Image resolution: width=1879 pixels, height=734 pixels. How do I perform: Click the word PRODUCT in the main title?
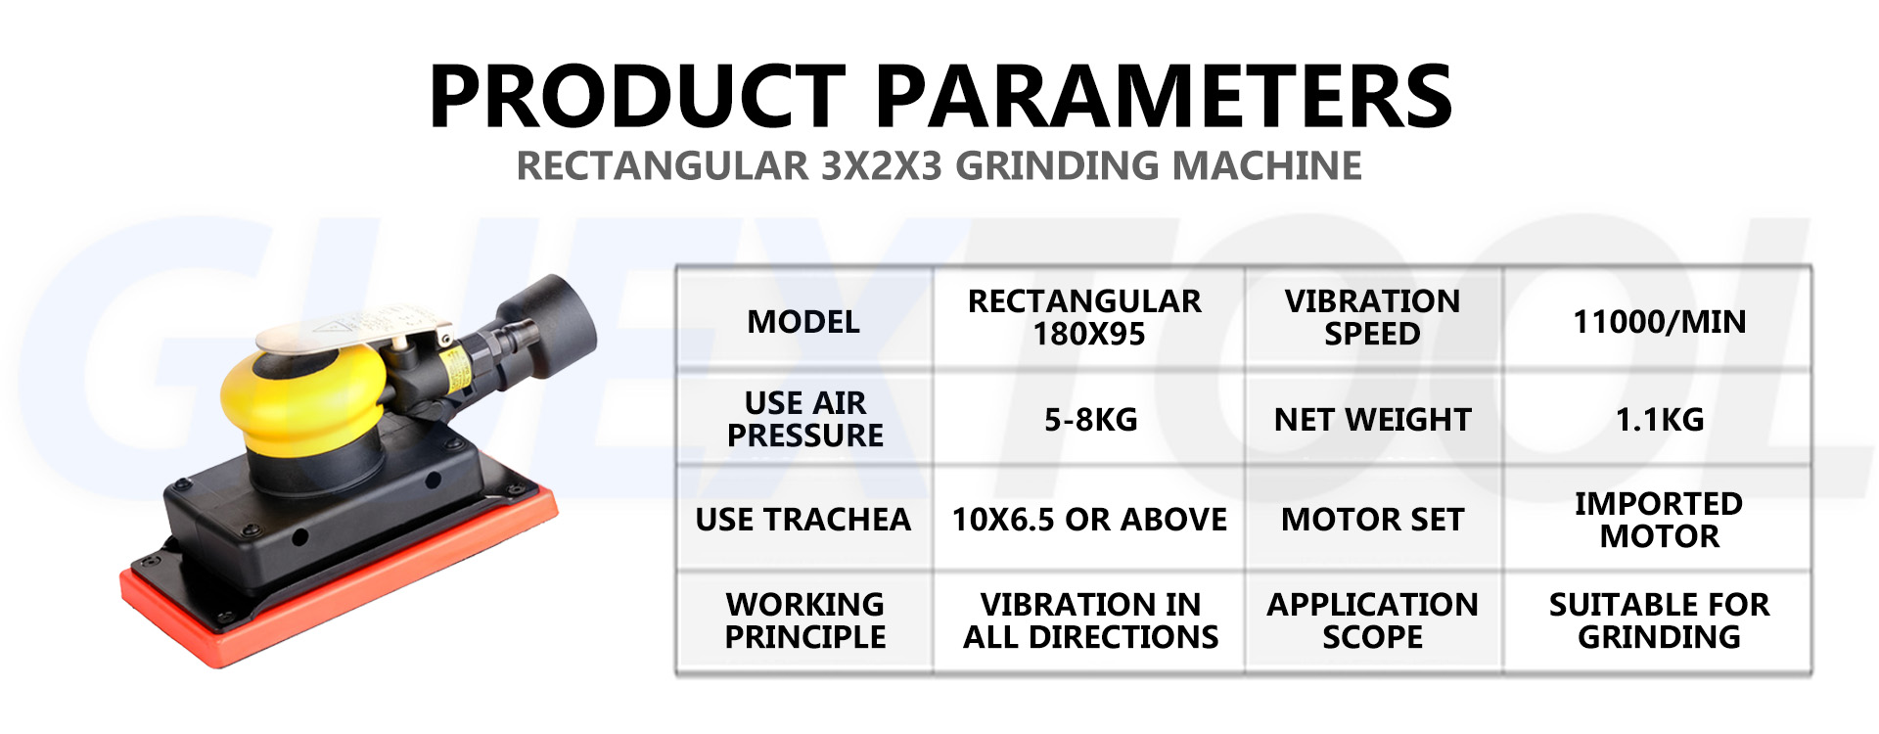(636, 96)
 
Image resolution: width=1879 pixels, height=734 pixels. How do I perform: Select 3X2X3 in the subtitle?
(880, 165)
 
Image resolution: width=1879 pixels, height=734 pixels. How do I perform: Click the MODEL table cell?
(803, 321)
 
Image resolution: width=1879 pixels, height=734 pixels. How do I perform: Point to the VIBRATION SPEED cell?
(1372, 317)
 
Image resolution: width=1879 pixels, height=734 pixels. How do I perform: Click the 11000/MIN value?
(1659, 321)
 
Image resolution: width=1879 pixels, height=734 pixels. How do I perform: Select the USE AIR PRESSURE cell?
(804, 419)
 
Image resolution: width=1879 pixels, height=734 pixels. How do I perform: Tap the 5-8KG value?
(1090, 420)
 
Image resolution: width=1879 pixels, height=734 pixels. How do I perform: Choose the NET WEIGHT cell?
(1372, 420)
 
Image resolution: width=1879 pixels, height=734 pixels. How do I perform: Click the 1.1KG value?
(1659, 420)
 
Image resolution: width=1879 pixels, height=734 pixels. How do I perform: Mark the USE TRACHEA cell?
(802, 520)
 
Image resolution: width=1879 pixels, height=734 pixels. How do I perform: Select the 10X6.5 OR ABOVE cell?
(1089, 520)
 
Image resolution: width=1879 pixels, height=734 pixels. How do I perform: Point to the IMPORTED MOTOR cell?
(1659, 520)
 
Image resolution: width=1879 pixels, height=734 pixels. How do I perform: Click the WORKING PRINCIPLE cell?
(804, 620)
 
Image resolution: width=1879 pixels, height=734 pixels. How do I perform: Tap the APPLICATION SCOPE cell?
(1372, 620)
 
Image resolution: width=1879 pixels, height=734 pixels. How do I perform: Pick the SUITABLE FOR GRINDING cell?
(1659, 620)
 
